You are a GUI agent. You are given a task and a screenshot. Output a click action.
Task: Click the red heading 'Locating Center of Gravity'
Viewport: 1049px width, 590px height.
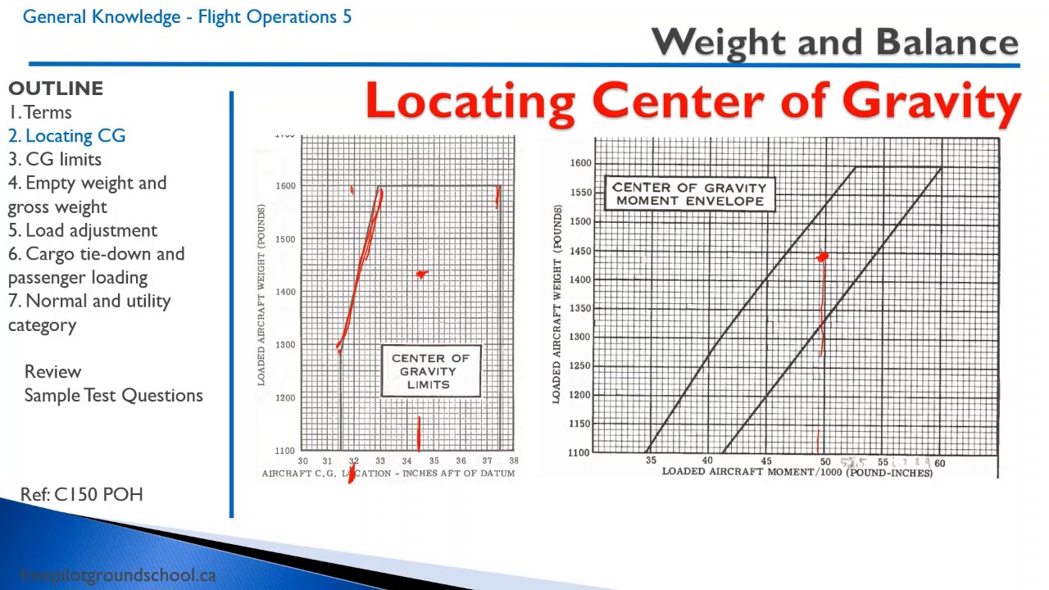pyautogui.click(x=693, y=102)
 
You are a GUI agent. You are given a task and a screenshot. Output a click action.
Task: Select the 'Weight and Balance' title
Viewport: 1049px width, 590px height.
pyautogui.click(x=834, y=43)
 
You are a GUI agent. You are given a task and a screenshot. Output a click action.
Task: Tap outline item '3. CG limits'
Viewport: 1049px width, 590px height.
pyautogui.click(x=55, y=159)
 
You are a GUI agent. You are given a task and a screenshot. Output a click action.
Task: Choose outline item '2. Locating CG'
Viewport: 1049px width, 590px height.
pyautogui.click(x=67, y=136)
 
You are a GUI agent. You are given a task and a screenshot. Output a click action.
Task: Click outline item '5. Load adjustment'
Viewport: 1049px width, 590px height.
pyautogui.click(x=83, y=230)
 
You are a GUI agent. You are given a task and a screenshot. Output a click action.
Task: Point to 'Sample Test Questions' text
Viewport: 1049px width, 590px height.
pyautogui.click(x=113, y=395)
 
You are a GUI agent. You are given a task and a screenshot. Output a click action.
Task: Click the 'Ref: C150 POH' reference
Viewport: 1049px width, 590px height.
pyautogui.click(x=82, y=494)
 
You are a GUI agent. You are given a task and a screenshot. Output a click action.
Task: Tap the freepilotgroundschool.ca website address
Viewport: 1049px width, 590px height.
pyautogui.click(x=117, y=575)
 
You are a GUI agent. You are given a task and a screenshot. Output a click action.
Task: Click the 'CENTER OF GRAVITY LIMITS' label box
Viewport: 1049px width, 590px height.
pyautogui.click(x=430, y=371)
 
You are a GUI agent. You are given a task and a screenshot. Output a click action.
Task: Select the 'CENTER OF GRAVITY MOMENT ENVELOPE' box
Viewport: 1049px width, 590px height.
pyautogui.click(x=689, y=193)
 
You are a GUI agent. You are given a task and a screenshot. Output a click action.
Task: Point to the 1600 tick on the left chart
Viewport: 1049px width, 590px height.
pyautogui.click(x=285, y=186)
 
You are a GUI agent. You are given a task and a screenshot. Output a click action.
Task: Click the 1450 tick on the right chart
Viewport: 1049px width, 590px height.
pyautogui.click(x=580, y=251)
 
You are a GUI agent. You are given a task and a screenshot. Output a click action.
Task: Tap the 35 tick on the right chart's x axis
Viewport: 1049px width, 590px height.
pyautogui.click(x=651, y=461)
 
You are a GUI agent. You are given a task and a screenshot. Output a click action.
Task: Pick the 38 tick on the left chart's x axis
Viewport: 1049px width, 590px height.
pyautogui.click(x=514, y=461)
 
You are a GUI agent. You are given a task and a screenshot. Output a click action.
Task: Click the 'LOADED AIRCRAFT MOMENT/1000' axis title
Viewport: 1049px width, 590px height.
pyautogui.click(x=797, y=472)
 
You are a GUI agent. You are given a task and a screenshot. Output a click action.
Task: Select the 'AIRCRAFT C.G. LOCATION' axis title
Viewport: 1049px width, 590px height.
pyautogui.click(x=388, y=474)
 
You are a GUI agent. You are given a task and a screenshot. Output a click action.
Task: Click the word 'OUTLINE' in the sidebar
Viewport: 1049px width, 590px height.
pyautogui.click(x=56, y=88)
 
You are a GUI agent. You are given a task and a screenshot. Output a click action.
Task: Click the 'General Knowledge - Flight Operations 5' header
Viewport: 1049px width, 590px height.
pyautogui.click(x=187, y=16)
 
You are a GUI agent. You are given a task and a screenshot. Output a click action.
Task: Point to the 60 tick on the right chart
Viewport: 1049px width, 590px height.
pyautogui.click(x=939, y=463)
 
